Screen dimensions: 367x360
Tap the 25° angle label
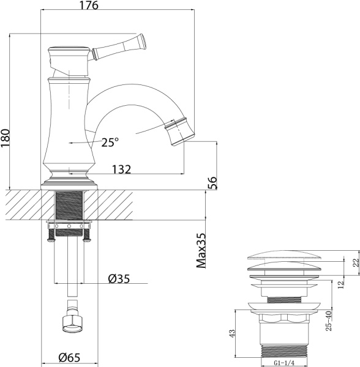click(x=110, y=143)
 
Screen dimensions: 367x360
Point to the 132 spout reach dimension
click(x=122, y=170)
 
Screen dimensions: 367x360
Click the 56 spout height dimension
click(x=213, y=182)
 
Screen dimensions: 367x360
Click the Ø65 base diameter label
click(x=69, y=358)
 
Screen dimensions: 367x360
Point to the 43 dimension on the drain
click(x=231, y=334)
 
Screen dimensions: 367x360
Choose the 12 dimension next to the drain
click(x=340, y=285)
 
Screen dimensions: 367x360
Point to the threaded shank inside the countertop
click(x=69, y=204)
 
